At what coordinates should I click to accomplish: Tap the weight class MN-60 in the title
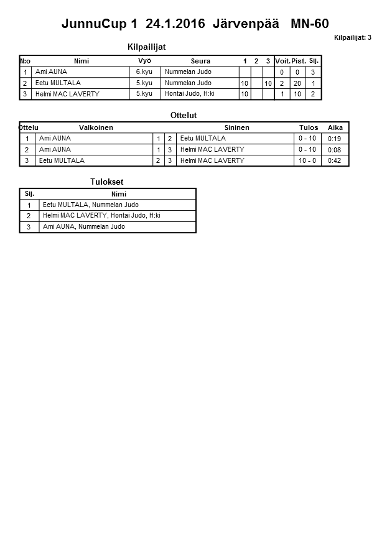(x=309, y=24)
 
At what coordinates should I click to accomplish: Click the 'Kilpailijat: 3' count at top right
(x=352, y=38)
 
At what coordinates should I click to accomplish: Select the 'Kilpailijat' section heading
(x=146, y=47)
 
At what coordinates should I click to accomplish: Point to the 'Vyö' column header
(x=144, y=60)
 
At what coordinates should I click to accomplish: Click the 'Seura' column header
(x=200, y=61)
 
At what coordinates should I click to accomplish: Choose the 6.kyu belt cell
(x=144, y=72)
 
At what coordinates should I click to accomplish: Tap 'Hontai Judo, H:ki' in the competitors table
(x=189, y=94)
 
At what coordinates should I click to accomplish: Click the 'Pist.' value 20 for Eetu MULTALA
(x=298, y=83)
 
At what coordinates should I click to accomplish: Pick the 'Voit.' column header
(x=283, y=61)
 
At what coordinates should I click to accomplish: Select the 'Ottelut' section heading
(x=183, y=116)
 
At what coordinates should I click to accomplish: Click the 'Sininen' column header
(x=236, y=127)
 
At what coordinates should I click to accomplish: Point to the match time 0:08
(x=335, y=150)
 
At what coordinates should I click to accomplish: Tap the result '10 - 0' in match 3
(x=307, y=161)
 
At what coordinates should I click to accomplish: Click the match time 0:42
(x=335, y=161)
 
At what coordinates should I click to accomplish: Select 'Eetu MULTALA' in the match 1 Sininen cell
(x=203, y=139)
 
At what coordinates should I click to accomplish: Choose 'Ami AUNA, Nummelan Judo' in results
(x=83, y=227)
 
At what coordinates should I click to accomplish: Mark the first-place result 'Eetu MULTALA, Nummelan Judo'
(x=91, y=205)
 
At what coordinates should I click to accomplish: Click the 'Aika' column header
(x=335, y=127)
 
